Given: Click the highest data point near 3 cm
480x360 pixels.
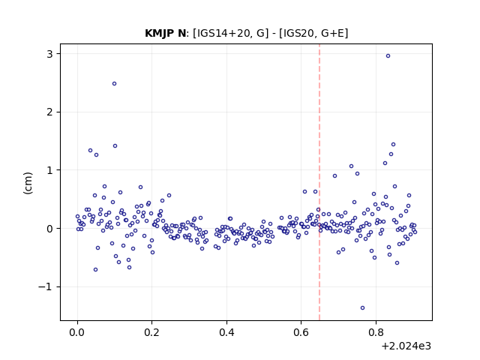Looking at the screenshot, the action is [388, 56].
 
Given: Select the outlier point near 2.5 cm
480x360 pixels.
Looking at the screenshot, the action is [114, 84].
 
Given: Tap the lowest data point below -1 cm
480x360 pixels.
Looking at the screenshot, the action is [362, 308].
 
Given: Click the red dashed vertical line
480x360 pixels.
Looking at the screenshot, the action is [319, 182].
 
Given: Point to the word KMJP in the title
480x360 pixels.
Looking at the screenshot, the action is [160, 33].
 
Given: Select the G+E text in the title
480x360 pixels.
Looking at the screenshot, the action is [333, 33].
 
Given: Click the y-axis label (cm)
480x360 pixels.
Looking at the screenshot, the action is [28, 183].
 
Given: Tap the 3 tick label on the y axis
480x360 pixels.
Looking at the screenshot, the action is [49, 54].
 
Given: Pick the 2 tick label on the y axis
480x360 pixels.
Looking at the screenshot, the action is [49, 112].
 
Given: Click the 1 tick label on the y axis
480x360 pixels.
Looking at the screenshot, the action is [49, 170].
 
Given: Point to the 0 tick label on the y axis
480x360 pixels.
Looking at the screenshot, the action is [49, 229].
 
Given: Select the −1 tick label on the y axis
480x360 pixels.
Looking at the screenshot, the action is [45, 286].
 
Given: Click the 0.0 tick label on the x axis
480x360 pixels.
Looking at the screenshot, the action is [77, 332].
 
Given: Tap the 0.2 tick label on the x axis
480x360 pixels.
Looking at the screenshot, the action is [151, 332].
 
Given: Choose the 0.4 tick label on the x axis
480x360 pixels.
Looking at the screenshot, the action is [226, 332].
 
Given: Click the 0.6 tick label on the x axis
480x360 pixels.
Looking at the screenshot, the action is [301, 332].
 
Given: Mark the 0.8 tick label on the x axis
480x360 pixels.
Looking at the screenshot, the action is [376, 332].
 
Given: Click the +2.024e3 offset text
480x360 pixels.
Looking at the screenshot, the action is [406, 346].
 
